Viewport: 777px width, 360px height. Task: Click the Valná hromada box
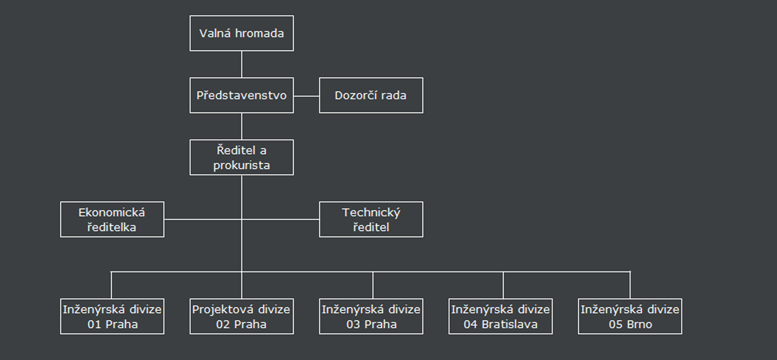point(241,33)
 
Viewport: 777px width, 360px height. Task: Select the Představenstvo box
point(241,95)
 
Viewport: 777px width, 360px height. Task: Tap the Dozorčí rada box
point(371,95)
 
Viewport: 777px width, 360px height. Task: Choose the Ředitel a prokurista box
point(241,157)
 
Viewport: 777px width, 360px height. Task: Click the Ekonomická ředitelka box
point(112,219)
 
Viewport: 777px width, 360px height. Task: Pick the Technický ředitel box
point(371,219)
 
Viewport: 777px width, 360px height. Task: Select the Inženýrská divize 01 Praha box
point(112,316)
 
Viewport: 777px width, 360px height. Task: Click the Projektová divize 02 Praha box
point(241,316)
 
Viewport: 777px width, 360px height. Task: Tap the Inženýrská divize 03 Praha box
point(371,316)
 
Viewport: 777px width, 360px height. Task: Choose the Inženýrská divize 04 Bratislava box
point(500,316)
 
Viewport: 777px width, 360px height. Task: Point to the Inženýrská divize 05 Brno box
point(630,316)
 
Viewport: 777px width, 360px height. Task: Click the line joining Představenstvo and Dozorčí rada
point(306,96)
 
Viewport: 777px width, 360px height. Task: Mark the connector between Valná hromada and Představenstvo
point(242,64)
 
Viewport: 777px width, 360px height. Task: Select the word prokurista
point(241,165)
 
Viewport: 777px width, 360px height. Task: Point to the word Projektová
point(216,310)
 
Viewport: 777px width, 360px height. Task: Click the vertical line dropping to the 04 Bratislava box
point(503,285)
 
